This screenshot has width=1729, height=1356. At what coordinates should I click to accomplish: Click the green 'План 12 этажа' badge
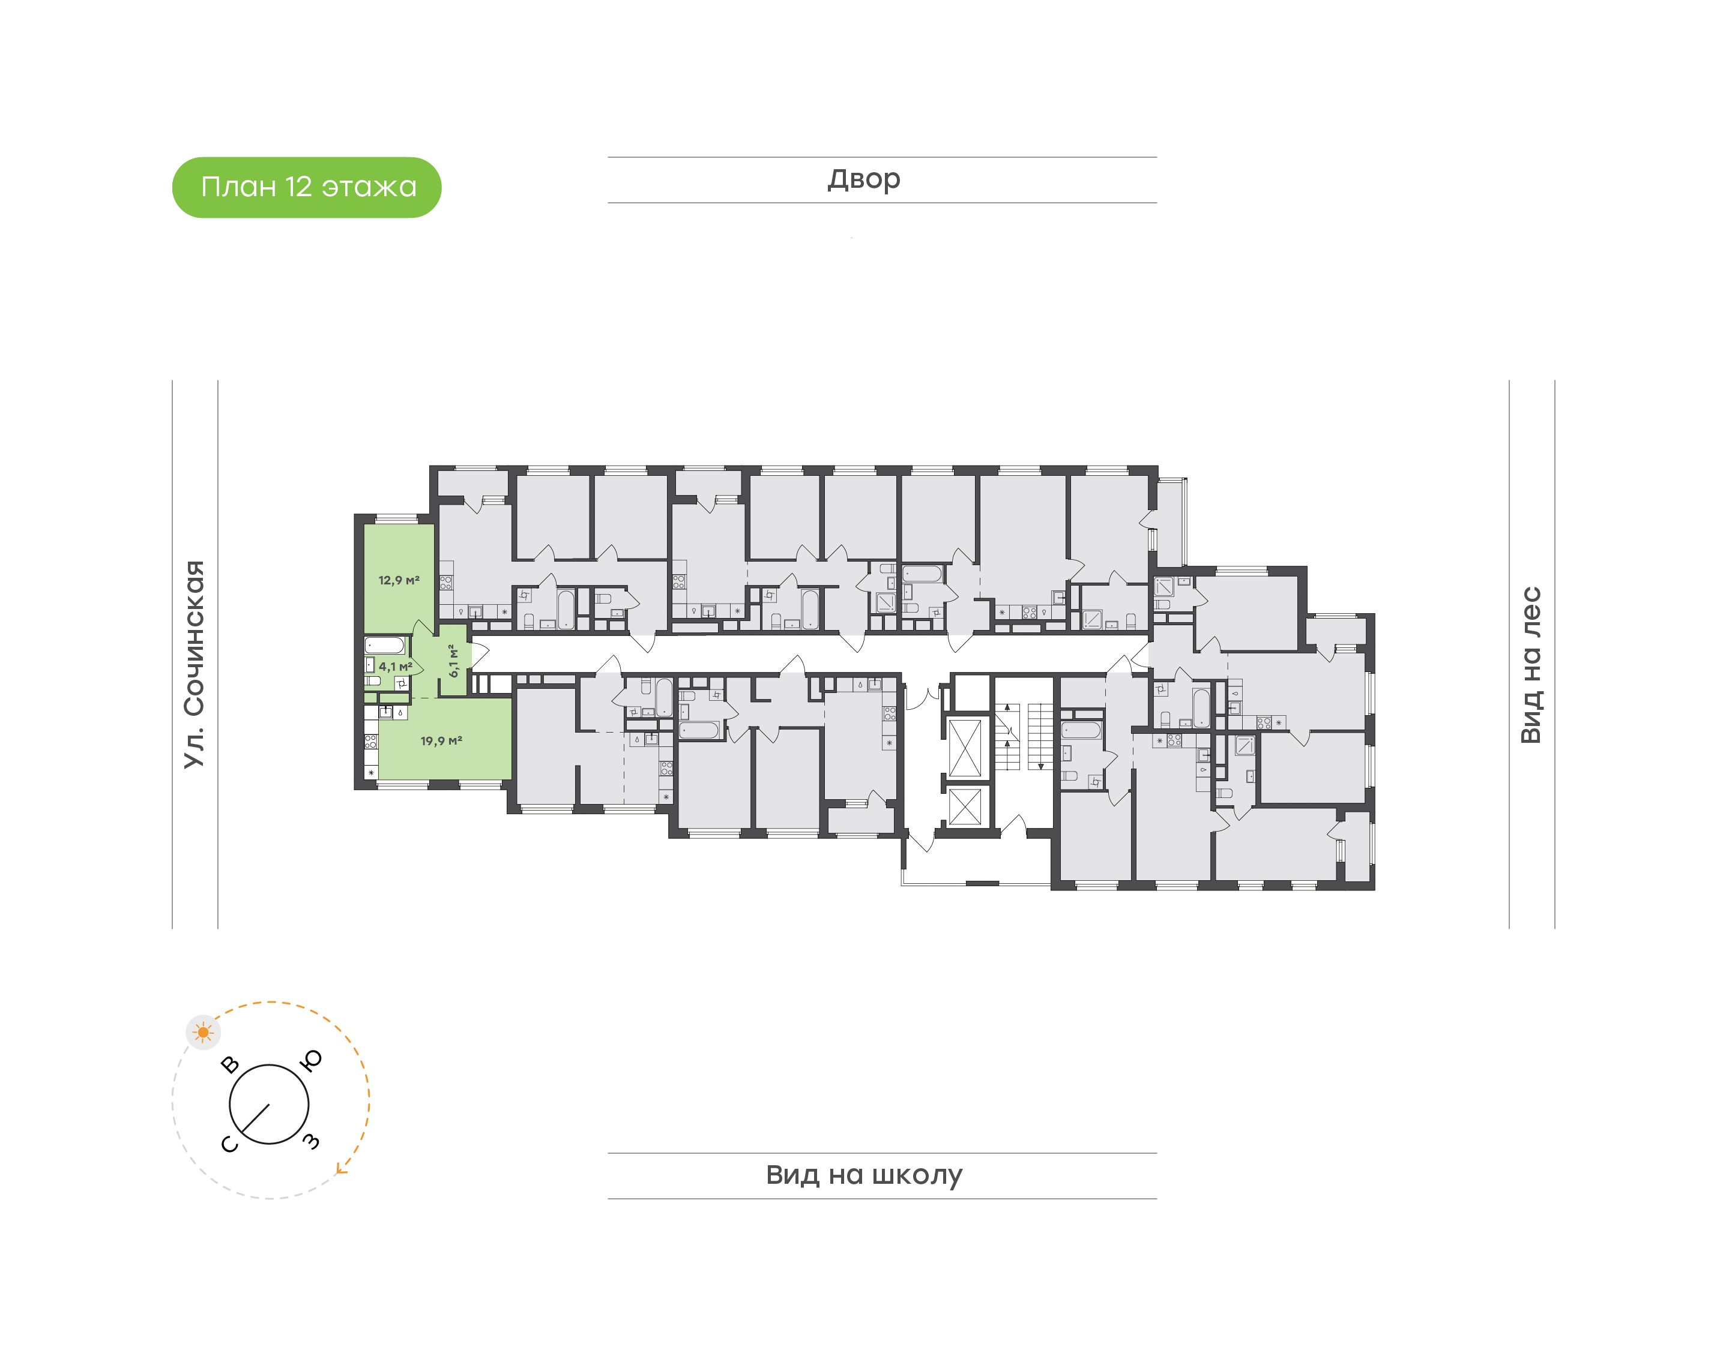pos(307,187)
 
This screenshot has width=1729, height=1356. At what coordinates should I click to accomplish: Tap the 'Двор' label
pos(864,179)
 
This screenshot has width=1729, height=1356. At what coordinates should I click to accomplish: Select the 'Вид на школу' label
pos(864,1175)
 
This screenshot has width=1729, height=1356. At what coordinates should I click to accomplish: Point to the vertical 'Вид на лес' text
pos(1530,665)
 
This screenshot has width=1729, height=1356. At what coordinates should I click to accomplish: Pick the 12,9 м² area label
pos(399,580)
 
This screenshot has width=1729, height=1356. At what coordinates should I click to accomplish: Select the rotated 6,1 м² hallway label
pos(453,661)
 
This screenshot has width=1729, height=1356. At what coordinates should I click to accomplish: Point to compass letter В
pos(231,1064)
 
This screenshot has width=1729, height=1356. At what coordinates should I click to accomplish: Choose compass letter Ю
pos(312,1061)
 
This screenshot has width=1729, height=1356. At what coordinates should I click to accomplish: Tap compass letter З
pos(312,1142)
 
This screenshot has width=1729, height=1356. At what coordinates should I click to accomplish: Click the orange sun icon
pos(204,1032)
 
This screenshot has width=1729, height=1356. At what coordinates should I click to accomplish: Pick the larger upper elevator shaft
pos(965,746)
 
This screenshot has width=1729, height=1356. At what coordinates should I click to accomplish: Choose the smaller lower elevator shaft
pos(965,808)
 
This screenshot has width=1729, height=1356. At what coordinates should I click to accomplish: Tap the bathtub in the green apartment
pos(386,644)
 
